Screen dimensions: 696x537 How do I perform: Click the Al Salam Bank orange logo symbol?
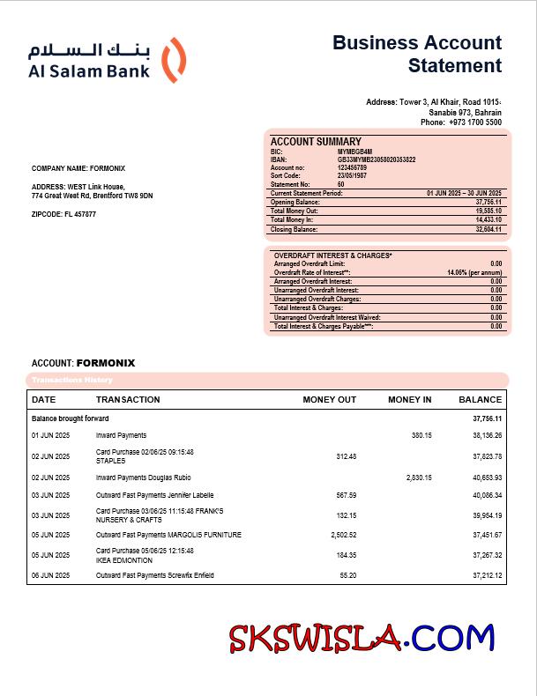coord(175,60)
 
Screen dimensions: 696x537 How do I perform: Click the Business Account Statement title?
coord(417,54)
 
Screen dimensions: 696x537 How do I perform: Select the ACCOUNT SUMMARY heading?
coord(316,142)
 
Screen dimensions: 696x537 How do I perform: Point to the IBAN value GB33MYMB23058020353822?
coord(377,159)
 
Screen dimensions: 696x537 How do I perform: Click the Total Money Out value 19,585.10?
coord(489,211)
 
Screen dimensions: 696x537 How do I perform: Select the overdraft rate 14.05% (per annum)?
coord(474,273)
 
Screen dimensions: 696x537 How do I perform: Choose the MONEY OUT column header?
coord(329,400)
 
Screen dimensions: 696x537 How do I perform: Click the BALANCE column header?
coord(480,400)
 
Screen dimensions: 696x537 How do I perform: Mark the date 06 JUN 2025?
coord(51,575)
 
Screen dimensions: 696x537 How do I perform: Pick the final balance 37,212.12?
coord(486,575)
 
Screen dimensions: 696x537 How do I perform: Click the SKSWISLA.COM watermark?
coord(362,637)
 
